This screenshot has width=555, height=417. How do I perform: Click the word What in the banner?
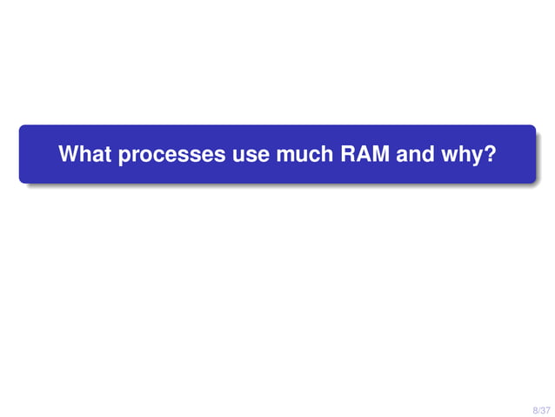coord(85,155)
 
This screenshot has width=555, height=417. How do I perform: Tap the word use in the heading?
coord(251,156)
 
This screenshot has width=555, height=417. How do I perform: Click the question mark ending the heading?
coord(491,155)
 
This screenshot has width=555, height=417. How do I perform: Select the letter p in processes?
coord(124,157)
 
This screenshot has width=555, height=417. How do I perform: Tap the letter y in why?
coord(479,158)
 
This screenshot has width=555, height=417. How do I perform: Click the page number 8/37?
coord(541,408)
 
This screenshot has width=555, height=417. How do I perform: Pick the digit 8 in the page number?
coord(534,408)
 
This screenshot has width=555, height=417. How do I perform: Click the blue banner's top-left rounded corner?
coord(23,129)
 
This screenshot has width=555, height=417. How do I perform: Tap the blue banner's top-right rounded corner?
coord(532,129)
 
